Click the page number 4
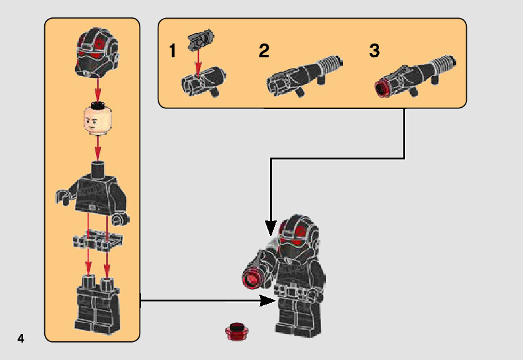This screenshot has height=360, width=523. tap(21, 338)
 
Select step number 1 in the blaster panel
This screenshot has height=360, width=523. tap(173, 51)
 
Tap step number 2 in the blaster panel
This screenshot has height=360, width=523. tap(264, 51)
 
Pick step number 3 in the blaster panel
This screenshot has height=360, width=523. tap(374, 51)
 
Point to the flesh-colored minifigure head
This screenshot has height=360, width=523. tap(96, 120)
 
